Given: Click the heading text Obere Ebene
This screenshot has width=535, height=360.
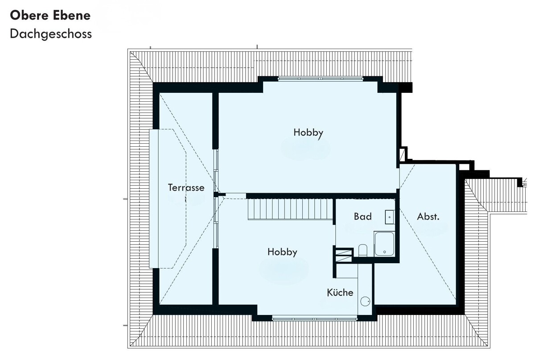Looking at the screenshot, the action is coord(50,15).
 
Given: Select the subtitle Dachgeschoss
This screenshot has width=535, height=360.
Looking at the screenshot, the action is coord(51,34).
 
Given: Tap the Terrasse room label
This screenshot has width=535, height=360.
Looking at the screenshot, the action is coord(186,187).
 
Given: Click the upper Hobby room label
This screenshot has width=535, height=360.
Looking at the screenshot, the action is coord(309,133).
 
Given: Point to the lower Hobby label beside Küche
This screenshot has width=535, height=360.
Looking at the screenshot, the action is coord(282,252).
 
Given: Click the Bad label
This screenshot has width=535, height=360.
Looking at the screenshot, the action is coord(363,216).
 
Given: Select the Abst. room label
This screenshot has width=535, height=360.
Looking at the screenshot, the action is coord(428,216).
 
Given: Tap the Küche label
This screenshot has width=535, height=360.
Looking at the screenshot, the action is coord(340,292).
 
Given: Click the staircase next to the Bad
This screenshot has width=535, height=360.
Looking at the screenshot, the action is coord(290,209).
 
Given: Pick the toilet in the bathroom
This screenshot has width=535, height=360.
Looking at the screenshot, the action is coord(363,250).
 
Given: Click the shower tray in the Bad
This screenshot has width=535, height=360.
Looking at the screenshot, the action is coord(384,244).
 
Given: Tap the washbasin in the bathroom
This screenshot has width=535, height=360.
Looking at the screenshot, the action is coord(390,217).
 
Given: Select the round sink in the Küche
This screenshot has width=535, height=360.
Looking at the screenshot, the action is coord(365,301).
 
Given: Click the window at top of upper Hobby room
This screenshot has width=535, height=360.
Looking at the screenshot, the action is coord(321,79).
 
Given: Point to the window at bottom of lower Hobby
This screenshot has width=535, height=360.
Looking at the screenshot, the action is coord(315,319).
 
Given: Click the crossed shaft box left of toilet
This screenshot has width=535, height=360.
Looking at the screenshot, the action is coord(344,256).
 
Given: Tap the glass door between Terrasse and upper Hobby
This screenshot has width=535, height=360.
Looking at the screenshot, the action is coord(216,170).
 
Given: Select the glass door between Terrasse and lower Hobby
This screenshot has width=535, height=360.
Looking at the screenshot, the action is coord(216,223).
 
